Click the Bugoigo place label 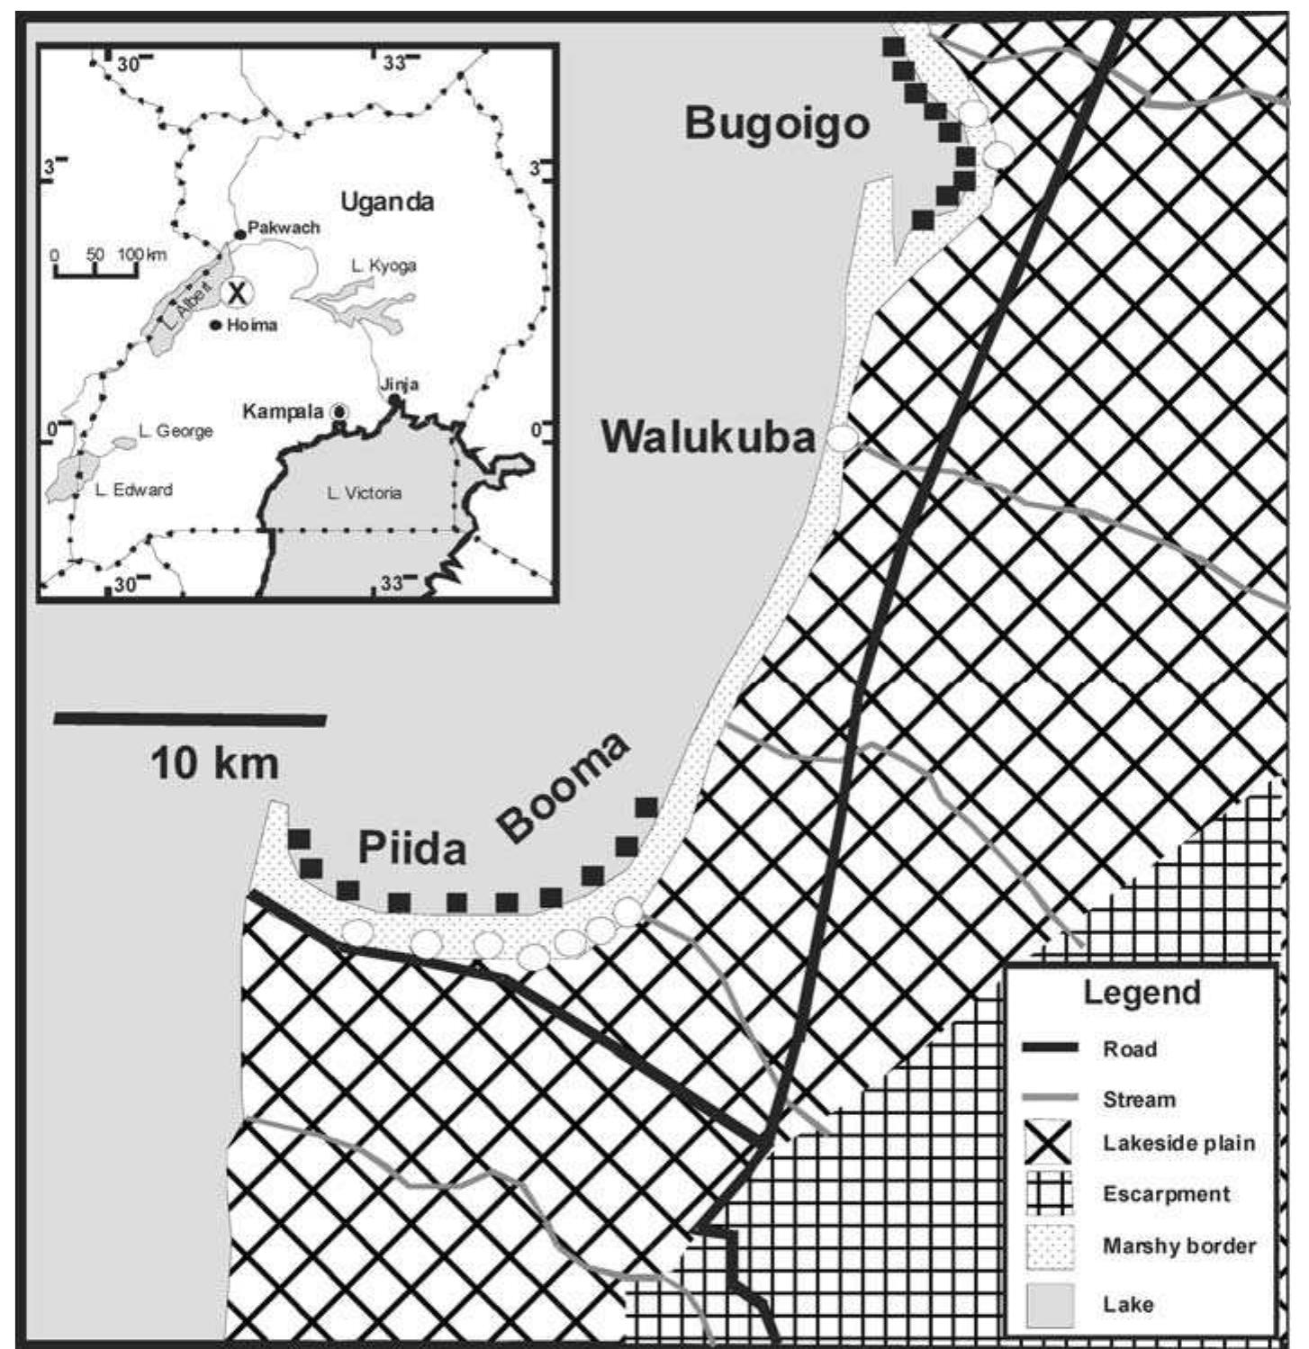[778, 123]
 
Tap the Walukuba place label [709, 437]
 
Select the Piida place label [412, 848]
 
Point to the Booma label [563, 787]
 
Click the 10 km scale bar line [190, 719]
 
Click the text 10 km [214, 764]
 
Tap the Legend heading [1142, 993]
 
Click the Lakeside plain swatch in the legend [1050, 1144]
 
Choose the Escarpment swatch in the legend [1050, 1194]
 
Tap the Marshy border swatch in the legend [1050, 1246]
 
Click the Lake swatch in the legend [1050, 1303]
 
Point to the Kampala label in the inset [283, 411]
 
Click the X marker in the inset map [237, 292]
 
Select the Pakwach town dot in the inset [240, 234]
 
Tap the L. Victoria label [364, 493]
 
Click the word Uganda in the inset [387, 201]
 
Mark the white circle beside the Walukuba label [842, 438]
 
